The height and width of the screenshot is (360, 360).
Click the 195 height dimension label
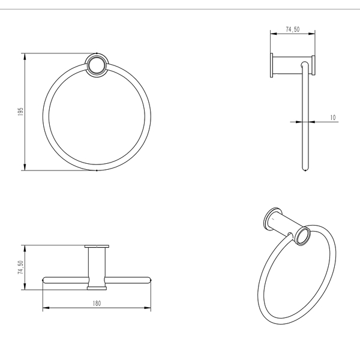pyautogui.click(x=20, y=112)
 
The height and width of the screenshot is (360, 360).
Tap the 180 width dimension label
pyautogui.click(x=97, y=304)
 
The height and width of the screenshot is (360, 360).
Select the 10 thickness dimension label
pyautogui.click(x=332, y=118)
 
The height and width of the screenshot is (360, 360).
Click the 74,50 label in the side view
pyautogui.click(x=293, y=29)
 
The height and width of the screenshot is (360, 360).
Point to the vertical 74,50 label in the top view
pyautogui.click(x=20, y=267)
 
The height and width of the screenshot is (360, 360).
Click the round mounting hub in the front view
pyautogui.click(x=97, y=65)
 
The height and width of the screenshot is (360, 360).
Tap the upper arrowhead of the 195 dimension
pyautogui.click(x=25, y=57)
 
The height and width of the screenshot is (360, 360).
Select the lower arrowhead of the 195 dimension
pyautogui.click(x=25, y=167)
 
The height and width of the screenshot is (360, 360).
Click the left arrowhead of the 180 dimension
pyautogui.click(x=46, y=308)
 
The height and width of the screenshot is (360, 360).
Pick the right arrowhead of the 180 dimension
pyautogui.click(x=148, y=308)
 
